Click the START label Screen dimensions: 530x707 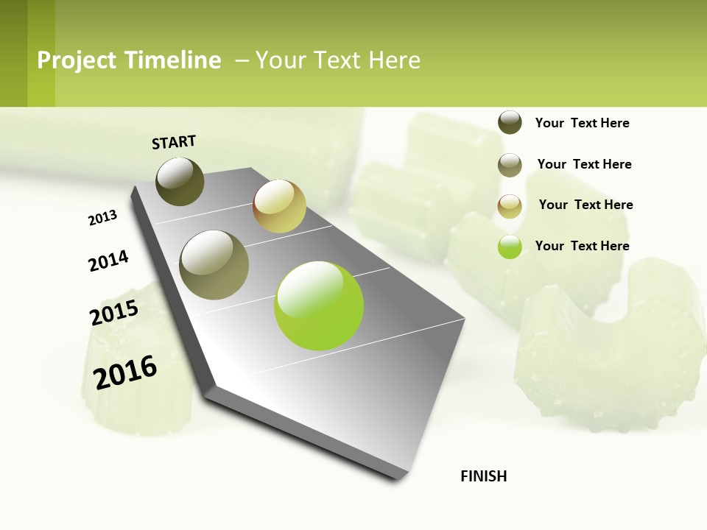pos(174,142)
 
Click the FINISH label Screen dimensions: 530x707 pos(483,476)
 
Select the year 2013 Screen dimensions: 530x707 pos(102,218)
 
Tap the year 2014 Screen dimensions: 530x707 pos(108,261)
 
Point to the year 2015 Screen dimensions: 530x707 pos(114,312)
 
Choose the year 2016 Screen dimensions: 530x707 pos(125,372)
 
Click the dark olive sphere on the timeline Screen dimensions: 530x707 pos(180,181)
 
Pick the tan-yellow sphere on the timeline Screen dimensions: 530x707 pos(279,206)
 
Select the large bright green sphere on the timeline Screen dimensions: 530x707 pos(319,305)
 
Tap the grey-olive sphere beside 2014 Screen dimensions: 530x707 pos(214,265)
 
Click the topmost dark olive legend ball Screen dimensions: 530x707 pos(510,122)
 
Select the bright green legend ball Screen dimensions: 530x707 pos(510,247)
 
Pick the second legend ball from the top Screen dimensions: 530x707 pos(510,165)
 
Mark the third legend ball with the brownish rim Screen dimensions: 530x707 pos(510,206)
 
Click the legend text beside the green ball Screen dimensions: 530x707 pos(582,246)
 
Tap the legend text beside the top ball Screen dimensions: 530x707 pos(582,123)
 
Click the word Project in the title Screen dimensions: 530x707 pos(77,60)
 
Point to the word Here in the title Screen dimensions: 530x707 pos(394,60)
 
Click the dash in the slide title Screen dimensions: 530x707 pos(241,60)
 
